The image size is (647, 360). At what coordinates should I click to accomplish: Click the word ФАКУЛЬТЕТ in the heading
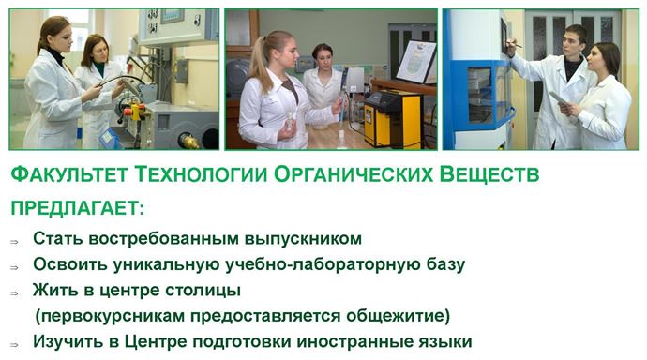click(x=68, y=174)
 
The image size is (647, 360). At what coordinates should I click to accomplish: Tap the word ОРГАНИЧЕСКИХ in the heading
click(x=354, y=174)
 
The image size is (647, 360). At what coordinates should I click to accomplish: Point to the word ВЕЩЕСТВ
click(x=489, y=174)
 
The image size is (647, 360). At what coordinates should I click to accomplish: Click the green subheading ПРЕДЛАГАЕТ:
click(x=78, y=208)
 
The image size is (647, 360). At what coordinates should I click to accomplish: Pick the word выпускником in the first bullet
click(x=303, y=239)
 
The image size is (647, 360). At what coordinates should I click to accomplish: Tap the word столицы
click(x=203, y=291)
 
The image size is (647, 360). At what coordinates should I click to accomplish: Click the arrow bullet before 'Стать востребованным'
click(x=14, y=242)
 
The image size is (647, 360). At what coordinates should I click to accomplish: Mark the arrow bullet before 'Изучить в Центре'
click(x=14, y=345)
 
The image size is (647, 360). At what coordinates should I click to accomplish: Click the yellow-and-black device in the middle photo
click(x=392, y=119)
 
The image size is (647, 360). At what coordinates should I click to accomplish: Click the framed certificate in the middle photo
click(x=416, y=62)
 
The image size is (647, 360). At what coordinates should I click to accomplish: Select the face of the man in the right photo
click(x=575, y=42)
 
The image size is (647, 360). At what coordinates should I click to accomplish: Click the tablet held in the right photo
click(x=559, y=98)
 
